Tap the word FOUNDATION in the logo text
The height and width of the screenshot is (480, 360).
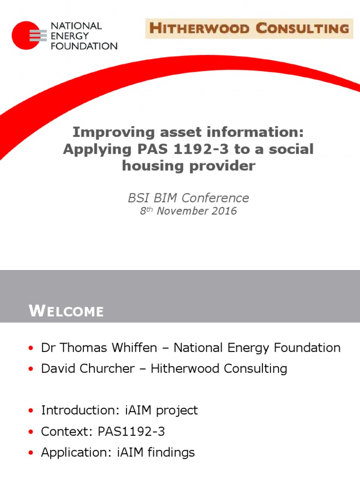84,46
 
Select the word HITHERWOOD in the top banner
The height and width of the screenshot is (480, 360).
199,29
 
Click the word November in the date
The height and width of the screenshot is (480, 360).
182,211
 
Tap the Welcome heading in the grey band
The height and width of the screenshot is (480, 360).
67,311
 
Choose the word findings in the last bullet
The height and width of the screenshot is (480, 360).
171,452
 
